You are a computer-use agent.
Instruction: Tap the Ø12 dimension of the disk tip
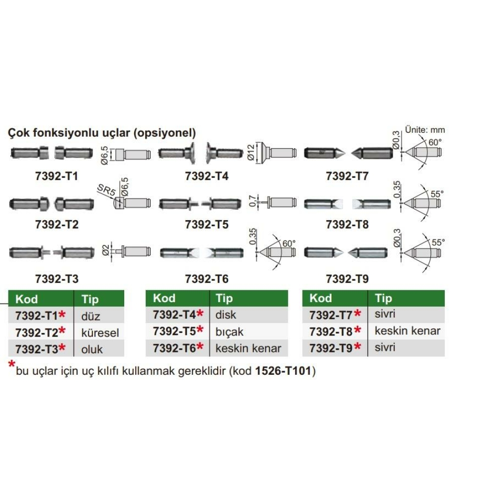tap(250, 153)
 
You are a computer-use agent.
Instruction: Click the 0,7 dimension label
tap(252, 201)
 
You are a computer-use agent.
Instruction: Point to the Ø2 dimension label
tap(106, 250)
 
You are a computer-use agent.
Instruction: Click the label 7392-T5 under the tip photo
tap(207, 225)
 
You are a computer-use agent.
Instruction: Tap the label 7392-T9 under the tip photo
tap(347, 279)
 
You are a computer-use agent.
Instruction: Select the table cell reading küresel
tap(100, 333)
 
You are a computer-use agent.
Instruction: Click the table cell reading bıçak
tap(230, 332)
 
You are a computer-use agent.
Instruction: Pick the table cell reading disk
tap(226, 315)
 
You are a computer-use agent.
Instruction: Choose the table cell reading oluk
tap(92, 349)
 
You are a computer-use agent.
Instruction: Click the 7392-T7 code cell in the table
tap(331, 315)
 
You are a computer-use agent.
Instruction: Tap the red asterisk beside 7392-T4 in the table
tap(200, 314)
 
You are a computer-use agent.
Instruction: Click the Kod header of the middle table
tap(164, 298)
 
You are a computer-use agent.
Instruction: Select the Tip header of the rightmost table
tap(383, 298)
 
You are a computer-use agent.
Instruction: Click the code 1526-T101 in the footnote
tap(283, 371)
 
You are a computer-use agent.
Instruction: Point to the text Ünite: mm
tap(425, 130)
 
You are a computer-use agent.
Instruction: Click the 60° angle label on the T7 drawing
tap(435, 142)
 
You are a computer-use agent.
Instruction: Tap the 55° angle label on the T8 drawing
tap(437, 194)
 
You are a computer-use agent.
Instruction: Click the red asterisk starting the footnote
tap(12, 364)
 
